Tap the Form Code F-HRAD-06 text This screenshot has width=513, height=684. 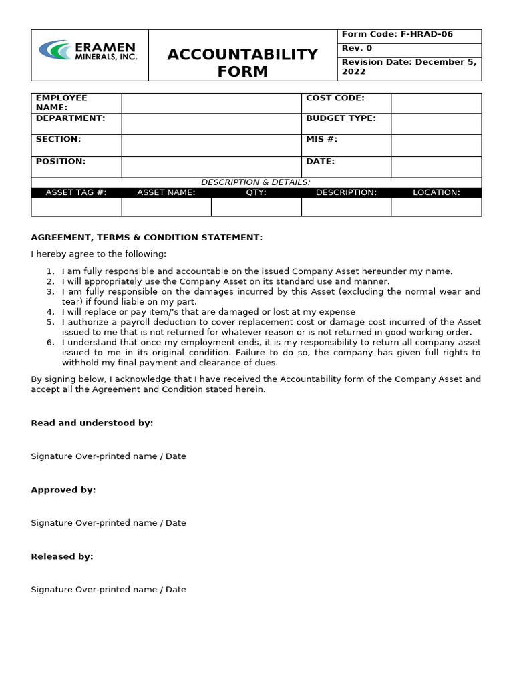click(x=397, y=35)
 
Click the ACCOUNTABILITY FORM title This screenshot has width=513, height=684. click(x=242, y=63)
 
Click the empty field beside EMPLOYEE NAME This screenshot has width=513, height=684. click(x=211, y=103)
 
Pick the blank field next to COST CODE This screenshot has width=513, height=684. click(x=436, y=103)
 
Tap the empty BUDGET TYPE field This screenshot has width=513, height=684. click(x=436, y=124)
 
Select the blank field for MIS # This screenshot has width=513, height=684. click(x=436, y=145)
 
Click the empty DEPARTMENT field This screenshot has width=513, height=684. click(x=211, y=124)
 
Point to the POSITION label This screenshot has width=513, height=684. click(x=61, y=162)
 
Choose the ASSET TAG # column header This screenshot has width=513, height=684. click(x=76, y=192)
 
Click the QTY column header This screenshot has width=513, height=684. click(x=256, y=192)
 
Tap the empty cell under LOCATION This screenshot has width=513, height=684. click(x=436, y=206)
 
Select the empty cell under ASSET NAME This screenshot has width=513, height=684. click(x=166, y=206)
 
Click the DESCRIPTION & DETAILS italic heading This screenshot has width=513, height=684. click(x=256, y=182)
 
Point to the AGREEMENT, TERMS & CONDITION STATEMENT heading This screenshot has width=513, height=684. click(x=147, y=238)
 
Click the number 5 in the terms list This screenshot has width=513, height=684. click(x=50, y=322)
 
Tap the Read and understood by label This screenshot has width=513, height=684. click(x=92, y=423)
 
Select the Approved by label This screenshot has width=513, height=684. click(x=63, y=490)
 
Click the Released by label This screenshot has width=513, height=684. click(x=62, y=556)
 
